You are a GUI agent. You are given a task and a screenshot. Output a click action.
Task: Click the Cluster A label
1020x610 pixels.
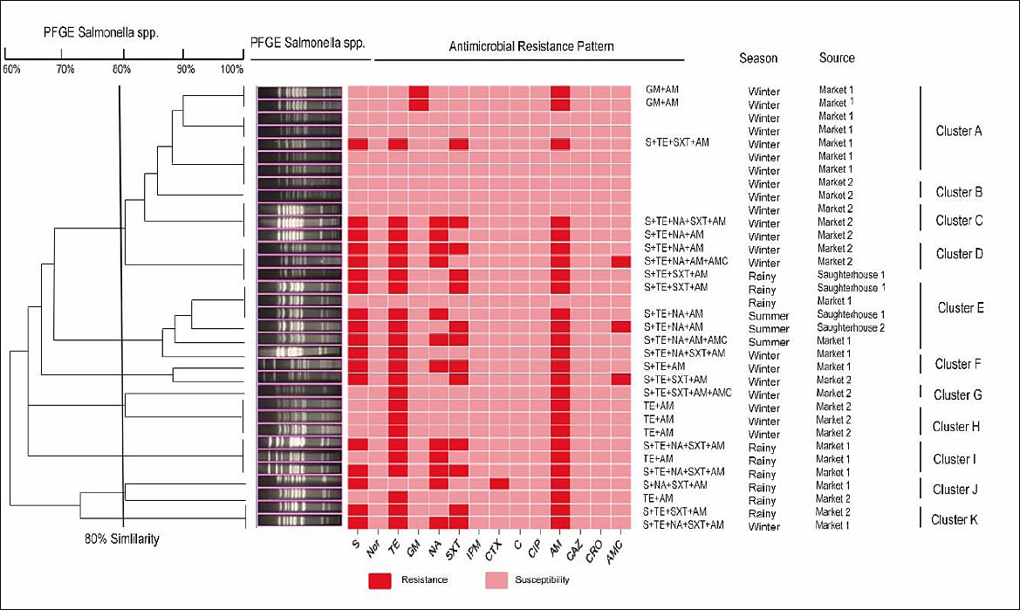(958, 132)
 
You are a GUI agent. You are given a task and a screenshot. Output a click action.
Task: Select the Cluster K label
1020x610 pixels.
(955, 519)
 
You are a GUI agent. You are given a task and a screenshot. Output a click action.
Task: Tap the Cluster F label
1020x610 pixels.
(957, 364)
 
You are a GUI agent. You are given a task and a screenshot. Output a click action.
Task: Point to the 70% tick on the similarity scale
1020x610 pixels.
(61, 53)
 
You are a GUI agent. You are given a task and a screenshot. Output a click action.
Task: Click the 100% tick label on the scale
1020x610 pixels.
(231, 69)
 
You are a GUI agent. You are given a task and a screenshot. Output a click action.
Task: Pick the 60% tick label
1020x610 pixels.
(11, 69)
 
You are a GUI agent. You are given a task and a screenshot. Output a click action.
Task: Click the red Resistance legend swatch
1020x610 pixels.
(380, 580)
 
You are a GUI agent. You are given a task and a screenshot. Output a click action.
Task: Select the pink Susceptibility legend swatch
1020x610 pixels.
(496, 580)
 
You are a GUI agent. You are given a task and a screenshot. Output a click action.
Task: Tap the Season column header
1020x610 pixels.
(758, 58)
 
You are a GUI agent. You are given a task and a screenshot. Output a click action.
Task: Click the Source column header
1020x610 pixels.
(837, 58)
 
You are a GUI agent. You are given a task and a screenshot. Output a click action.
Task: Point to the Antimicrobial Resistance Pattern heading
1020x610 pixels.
(531, 46)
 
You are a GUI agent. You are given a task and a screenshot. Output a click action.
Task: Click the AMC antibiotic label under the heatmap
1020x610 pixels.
(615, 552)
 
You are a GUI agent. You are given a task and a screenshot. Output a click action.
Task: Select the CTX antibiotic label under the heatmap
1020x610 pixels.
(493, 550)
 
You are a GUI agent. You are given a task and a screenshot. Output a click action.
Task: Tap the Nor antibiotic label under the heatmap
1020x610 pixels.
(373, 550)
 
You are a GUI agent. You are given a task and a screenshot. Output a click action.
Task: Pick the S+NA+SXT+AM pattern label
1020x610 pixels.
(675, 485)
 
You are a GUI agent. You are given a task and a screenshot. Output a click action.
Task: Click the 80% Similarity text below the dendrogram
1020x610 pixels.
(121, 538)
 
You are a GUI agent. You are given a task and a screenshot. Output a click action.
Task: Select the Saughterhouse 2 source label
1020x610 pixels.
(850, 328)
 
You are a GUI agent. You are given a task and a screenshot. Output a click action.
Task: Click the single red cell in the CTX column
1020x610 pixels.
(499, 483)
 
